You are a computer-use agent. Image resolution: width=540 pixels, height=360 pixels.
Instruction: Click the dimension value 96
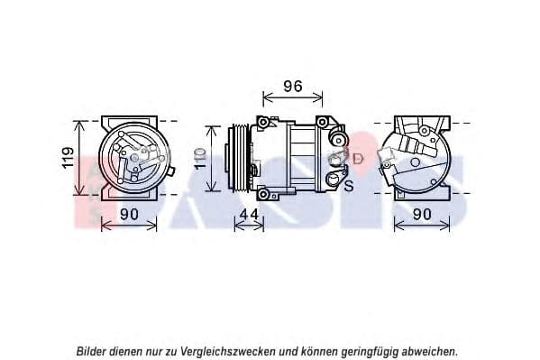pos(293,87)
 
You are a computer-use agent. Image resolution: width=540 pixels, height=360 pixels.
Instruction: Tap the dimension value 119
pos(68,158)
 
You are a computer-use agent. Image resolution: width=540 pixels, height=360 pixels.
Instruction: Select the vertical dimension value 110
pos(200,158)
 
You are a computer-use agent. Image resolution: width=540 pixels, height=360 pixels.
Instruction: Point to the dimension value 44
pos(249,215)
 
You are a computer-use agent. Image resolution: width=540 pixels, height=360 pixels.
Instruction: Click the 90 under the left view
pos(129,215)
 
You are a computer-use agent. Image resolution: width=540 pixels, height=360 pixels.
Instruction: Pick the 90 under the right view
pos(422,215)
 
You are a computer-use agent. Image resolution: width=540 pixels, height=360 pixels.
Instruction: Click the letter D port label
pos(358,159)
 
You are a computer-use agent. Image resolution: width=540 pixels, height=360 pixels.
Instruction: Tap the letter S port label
pos(349,186)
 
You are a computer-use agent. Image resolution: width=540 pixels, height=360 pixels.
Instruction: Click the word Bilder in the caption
pos(91,351)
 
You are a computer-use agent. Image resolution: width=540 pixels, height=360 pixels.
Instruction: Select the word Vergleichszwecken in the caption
pos(228,352)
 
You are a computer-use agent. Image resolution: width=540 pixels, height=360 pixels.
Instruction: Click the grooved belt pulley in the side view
pos(240,158)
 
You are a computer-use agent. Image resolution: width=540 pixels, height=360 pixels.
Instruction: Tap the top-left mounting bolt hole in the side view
pos(263,123)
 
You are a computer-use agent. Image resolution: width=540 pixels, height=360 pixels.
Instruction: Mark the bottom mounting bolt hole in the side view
pos(263,194)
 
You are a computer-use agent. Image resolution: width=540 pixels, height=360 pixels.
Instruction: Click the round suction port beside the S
pos(334,180)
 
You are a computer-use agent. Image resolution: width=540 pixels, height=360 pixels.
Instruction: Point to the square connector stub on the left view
pos(172,171)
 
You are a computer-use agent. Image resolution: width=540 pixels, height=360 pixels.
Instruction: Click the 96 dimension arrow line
pos(293,97)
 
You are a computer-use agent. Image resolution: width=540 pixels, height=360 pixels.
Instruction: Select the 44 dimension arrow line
pos(249,226)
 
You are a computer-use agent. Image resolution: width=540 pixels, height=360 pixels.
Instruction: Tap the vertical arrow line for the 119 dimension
pos(79,158)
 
